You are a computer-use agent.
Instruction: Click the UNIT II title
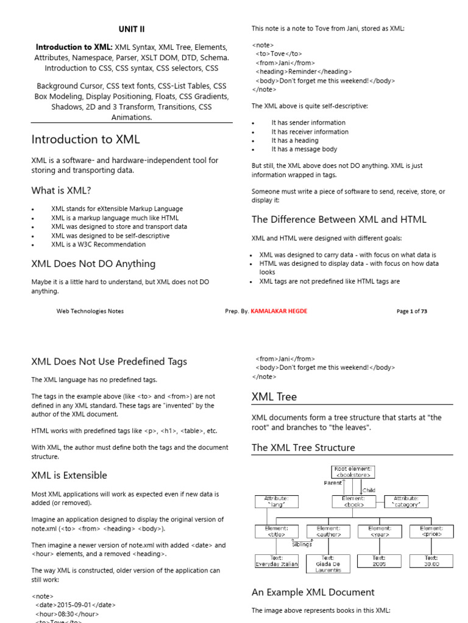[131, 29]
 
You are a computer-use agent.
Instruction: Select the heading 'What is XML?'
[61, 190]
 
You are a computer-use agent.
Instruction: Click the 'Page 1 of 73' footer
[411, 311]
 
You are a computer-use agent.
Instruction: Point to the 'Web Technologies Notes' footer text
[90, 311]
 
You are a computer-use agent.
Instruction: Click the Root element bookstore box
[353, 472]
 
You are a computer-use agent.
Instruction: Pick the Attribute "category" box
[406, 501]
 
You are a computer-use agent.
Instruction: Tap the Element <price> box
[431, 531]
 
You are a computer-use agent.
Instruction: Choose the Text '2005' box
[380, 561]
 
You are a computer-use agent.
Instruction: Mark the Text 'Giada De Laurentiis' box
[328, 564]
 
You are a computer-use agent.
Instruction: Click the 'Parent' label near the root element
[333, 482]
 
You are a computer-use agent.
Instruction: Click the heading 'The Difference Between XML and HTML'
[339, 220]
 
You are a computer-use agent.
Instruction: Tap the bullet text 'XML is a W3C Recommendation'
[98, 245]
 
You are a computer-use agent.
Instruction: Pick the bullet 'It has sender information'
[308, 123]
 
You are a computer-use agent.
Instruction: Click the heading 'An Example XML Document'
[313, 592]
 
